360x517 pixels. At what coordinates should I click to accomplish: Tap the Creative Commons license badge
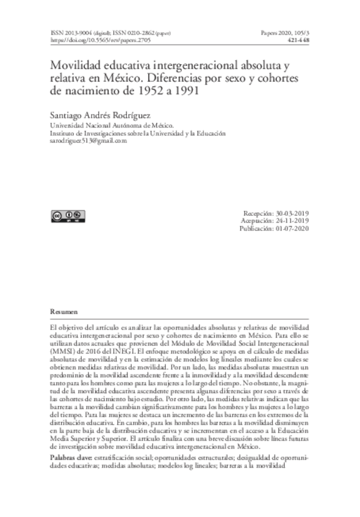(x=67, y=215)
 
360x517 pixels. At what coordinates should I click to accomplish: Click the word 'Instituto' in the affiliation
(x=62, y=132)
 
